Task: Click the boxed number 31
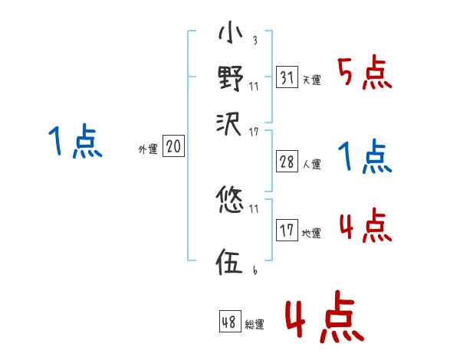pyautogui.click(x=287, y=77)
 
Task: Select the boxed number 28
pyautogui.click(x=287, y=161)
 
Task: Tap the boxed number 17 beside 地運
pyautogui.click(x=287, y=230)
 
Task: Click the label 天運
pyautogui.click(x=311, y=80)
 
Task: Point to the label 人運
pyautogui.click(x=311, y=163)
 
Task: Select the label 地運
pyautogui.click(x=311, y=233)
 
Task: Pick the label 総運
pyautogui.click(x=254, y=325)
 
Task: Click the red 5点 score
pyautogui.click(x=366, y=74)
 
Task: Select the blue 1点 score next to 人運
pyautogui.click(x=364, y=158)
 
